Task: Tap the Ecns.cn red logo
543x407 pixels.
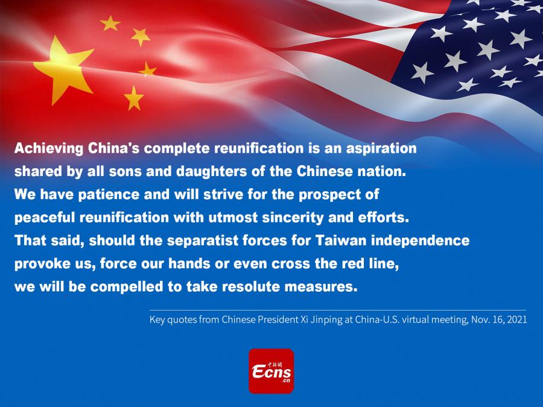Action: (271, 371)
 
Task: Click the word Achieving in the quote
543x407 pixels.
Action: (49, 148)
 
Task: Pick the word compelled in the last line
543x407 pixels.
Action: (127, 287)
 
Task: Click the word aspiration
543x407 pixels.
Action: (381, 149)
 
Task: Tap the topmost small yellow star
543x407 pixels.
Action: (110, 23)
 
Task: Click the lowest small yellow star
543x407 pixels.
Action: (134, 98)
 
